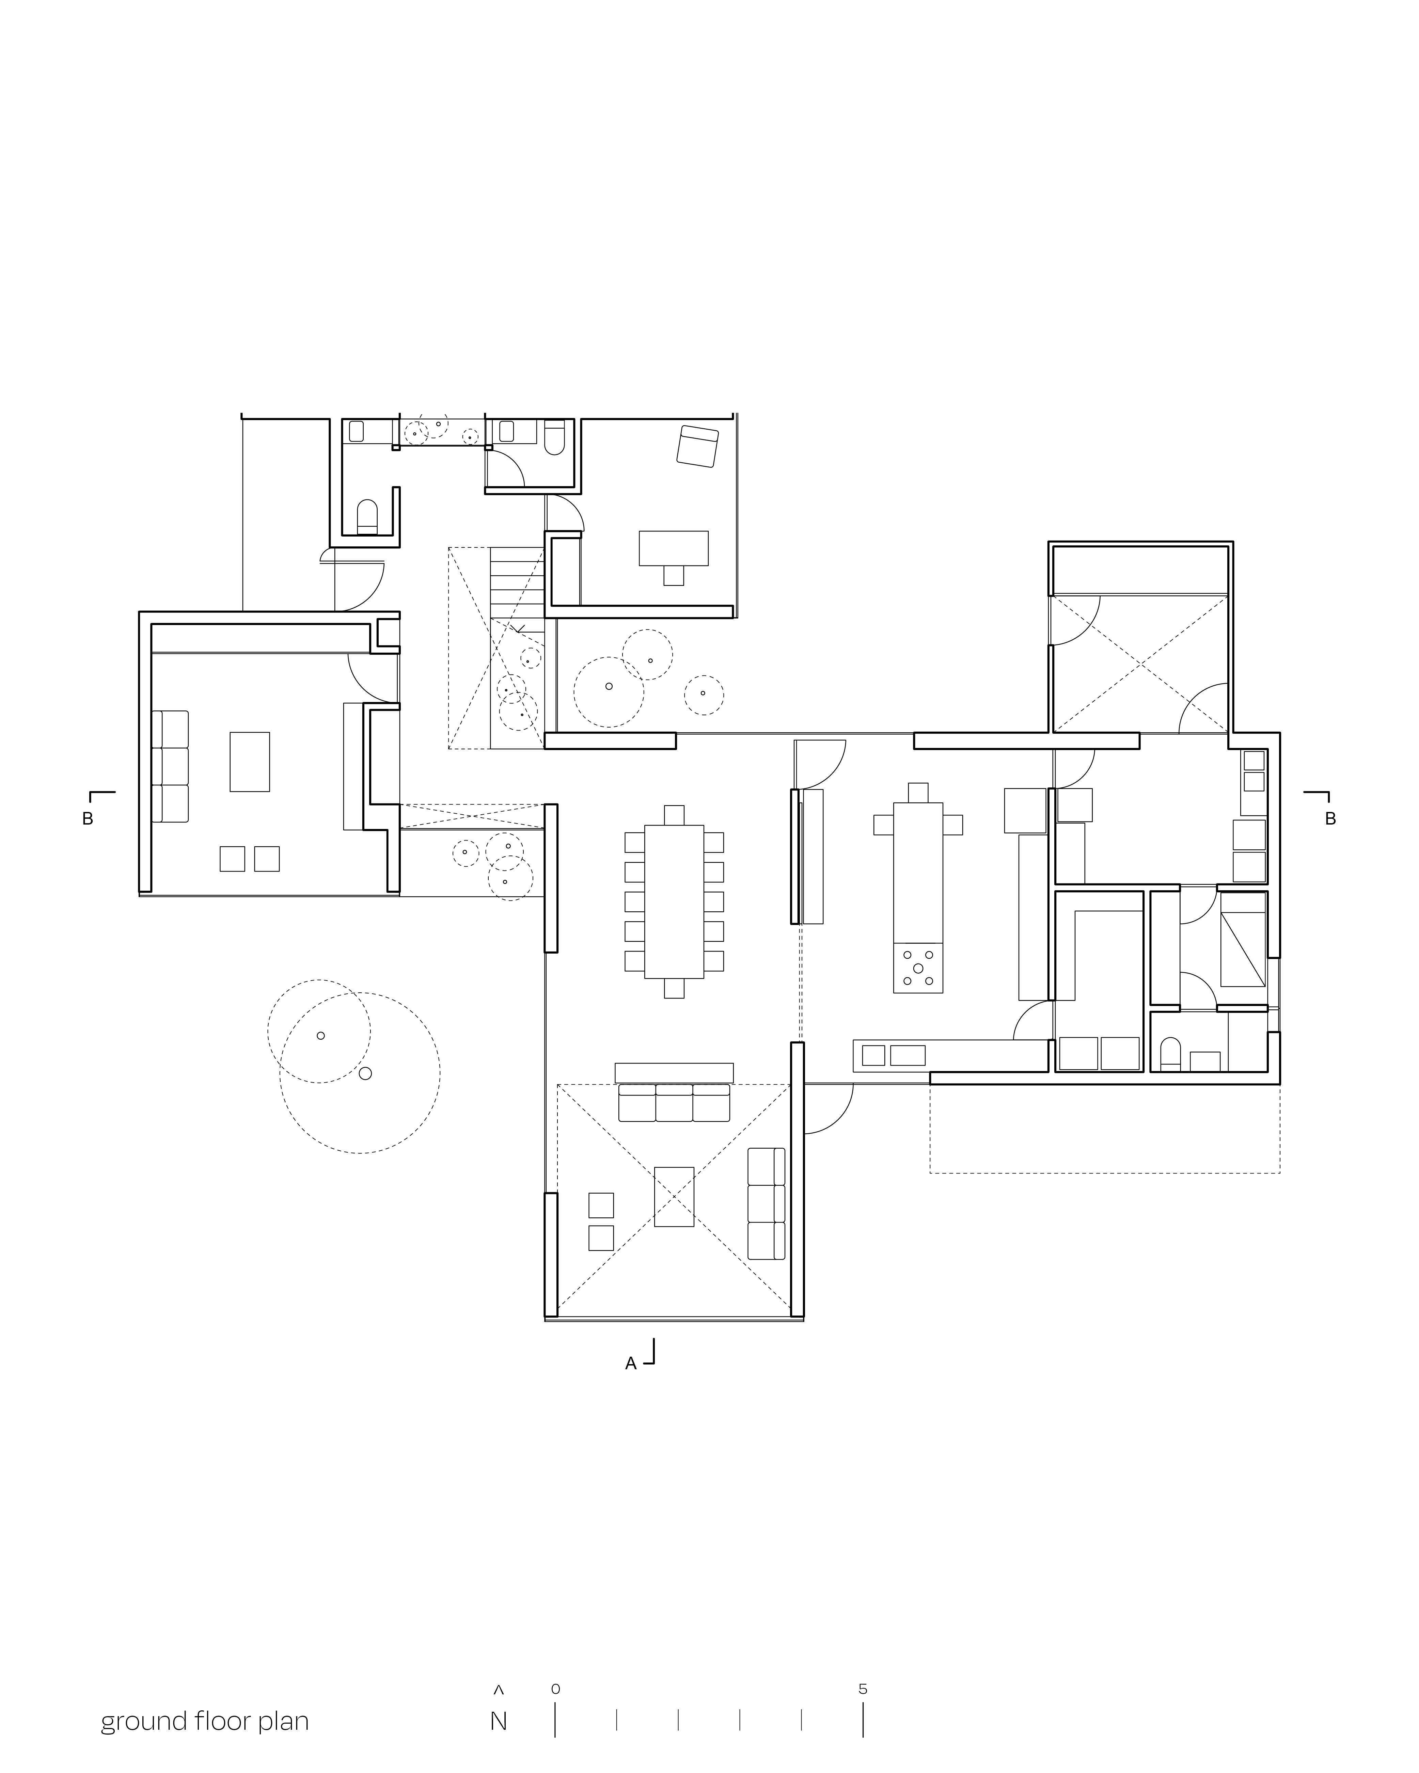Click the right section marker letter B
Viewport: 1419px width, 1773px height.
[1330, 819]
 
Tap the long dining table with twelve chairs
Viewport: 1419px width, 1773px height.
[674, 901]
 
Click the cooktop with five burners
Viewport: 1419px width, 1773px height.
[918, 968]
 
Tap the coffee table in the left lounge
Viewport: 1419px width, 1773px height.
[249, 762]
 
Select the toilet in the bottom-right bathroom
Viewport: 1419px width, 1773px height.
[1169, 1054]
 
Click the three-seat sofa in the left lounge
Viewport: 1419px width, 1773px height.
[170, 766]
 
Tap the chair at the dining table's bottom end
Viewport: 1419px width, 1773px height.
[674, 989]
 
